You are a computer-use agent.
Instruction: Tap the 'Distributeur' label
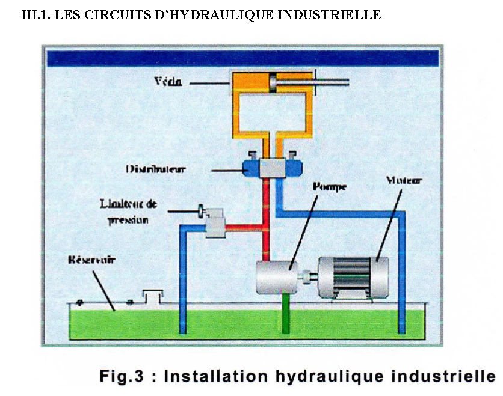point(156,169)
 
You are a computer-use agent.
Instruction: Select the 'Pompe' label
point(326,187)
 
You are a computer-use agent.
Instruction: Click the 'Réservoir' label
point(92,261)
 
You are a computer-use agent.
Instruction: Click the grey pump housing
point(277,277)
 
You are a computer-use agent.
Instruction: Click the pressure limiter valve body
point(216,225)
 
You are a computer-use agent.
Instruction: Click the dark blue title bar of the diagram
point(243,58)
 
